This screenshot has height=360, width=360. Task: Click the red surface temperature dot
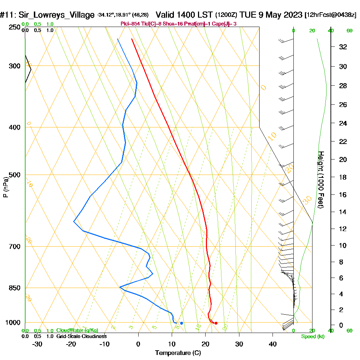point(216,323)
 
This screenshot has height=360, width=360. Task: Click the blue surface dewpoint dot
point(181,323)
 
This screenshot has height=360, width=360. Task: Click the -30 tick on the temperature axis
point(37,344)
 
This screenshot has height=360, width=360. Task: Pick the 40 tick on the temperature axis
point(273,344)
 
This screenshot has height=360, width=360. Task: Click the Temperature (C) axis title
point(178,353)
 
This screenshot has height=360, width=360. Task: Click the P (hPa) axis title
point(5,187)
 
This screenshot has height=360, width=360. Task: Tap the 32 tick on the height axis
point(343,47)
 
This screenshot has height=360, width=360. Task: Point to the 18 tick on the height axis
point(343,177)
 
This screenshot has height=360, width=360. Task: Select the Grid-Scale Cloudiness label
point(81,336)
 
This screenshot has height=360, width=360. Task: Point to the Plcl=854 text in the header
point(130,24)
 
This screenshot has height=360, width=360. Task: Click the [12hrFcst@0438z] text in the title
point(330,15)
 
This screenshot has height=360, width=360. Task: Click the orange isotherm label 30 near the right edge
point(307,200)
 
